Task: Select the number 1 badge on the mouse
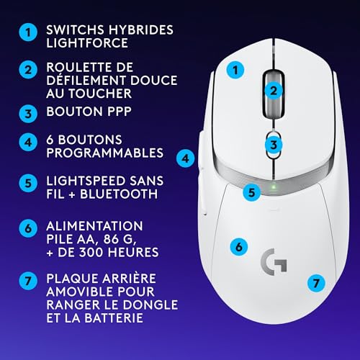coord(234,71)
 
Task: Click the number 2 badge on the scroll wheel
coord(273,90)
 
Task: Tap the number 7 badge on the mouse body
coord(314,283)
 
